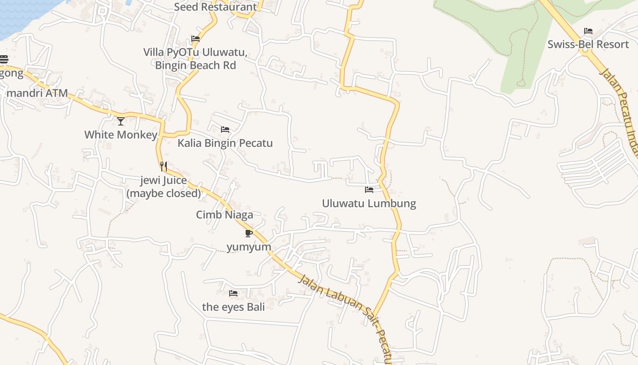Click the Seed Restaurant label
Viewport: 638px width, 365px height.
click(x=216, y=7)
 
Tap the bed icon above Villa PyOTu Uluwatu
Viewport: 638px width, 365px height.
click(x=196, y=39)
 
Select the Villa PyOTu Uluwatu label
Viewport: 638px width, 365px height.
click(x=196, y=59)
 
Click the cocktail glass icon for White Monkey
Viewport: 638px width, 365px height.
click(x=121, y=121)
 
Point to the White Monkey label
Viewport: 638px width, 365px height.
click(x=121, y=135)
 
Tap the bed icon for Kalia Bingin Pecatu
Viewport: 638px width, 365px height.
click(x=225, y=130)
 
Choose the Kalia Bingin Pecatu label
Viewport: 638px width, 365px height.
click(x=225, y=143)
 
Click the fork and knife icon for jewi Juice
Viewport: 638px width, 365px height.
click(x=164, y=167)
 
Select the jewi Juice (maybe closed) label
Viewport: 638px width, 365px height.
click(x=164, y=187)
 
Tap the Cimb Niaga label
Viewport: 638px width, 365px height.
click(x=225, y=214)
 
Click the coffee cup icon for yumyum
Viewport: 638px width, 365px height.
click(x=248, y=234)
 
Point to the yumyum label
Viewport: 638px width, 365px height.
click(x=249, y=247)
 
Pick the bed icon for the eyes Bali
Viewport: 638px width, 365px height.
click(x=233, y=293)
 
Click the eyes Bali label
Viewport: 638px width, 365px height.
click(x=233, y=307)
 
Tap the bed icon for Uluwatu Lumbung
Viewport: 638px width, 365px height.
click(x=369, y=190)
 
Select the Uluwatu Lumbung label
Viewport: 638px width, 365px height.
click(x=369, y=203)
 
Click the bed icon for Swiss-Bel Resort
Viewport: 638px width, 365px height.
click(x=588, y=31)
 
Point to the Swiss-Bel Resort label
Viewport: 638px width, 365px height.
click(x=588, y=44)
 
